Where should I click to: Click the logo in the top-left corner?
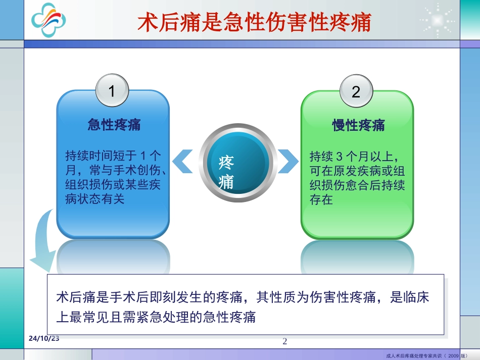point(49,20)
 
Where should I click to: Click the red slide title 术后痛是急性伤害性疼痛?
point(255,23)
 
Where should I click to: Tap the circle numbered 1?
point(112,91)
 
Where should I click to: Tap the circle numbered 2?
point(356,91)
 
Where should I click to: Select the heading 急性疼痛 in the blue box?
point(114,125)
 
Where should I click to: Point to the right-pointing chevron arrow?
point(289,161)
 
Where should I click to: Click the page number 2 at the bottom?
point(284,342)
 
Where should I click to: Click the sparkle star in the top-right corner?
point(438,21)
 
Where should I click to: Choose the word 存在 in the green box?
point(321,199)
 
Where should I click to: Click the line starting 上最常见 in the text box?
point(156,317)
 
